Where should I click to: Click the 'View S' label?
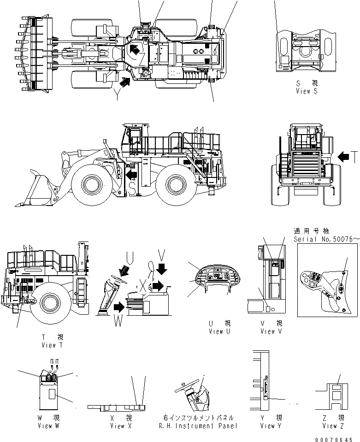pyautogui.click(x=307, y=91)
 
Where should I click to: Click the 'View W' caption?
pyautogui.click(x=48, y=425)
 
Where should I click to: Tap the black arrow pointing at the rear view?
pyautogui.click(x=343, y=158)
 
